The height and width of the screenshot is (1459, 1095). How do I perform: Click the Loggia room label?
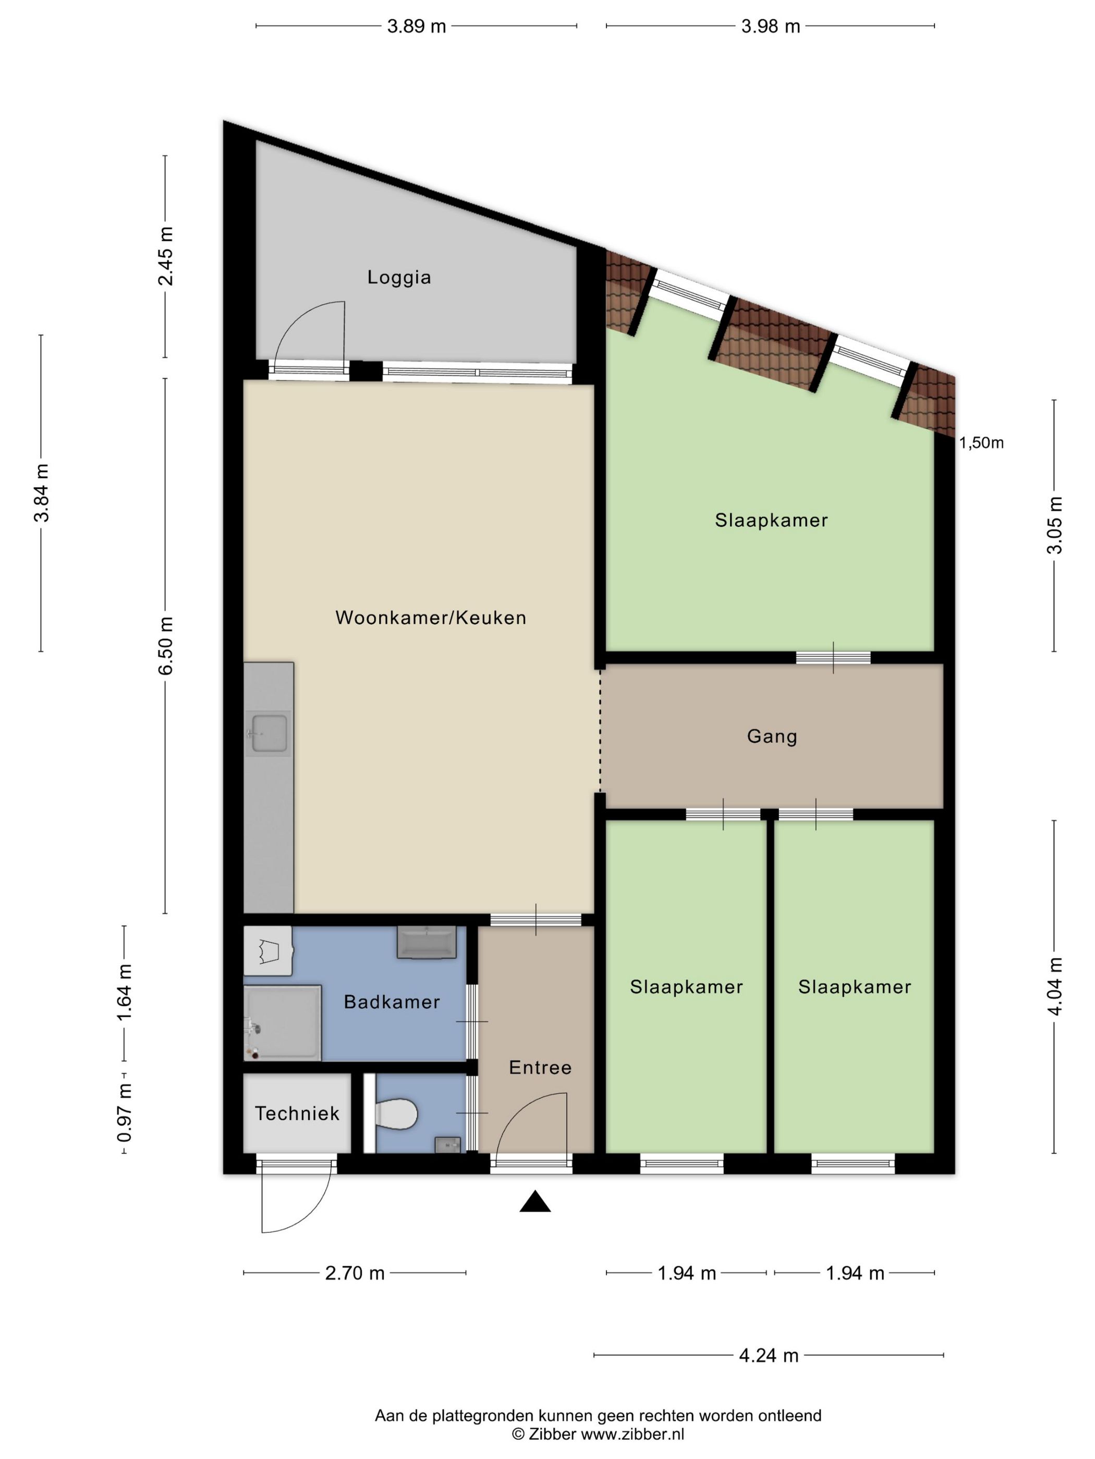pyautogui.click(x=399, y=277)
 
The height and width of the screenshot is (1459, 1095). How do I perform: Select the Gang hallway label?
pyautogui.click(x=772, y=736)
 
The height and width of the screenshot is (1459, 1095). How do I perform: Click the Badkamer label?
pyautogui.click(x=392, y=1002)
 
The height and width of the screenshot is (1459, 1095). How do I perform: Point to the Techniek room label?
pyautogui.click(x=297, y=1114)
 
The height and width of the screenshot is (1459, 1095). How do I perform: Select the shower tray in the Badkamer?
pyautogui.click(x=283, y=1023)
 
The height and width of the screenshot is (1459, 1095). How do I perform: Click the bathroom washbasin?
pyautogui.click(x=427, y=942)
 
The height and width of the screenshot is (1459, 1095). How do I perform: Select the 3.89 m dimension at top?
pyautogui.click(x=417, y=27)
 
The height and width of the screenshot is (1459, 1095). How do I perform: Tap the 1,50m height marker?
pyautogui.click(x=981, y=442)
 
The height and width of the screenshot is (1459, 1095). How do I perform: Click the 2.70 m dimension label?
pyautogui.click(x=355, y=1273)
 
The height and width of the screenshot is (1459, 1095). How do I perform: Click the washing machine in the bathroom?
pyautogui.click(x=268, y=951)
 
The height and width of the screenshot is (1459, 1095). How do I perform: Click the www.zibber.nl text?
pyautogui.click(x=632, y=1434)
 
